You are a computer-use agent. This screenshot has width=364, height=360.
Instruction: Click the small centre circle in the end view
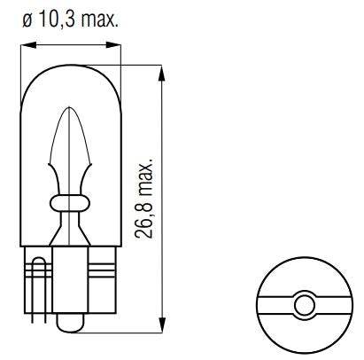(x=304, y=303)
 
